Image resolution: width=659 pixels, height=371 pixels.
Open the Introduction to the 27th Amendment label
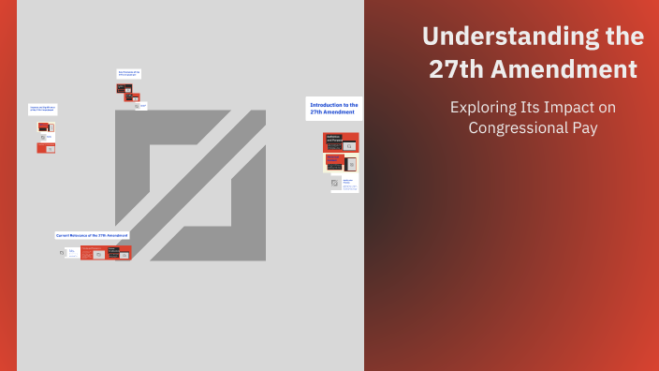click(x=333, y=109)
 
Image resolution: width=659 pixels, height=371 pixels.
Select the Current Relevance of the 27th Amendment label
click(x=92, y=235)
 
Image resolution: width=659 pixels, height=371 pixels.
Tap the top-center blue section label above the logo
click(x=128, y=72)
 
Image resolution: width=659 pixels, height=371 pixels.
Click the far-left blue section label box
click(x=42, y=110)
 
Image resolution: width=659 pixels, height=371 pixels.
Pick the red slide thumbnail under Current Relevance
click(x=106, y=252)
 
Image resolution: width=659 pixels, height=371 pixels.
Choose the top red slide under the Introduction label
click(x=341, y=141)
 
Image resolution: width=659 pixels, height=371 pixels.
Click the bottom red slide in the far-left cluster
click(x=46, y=147)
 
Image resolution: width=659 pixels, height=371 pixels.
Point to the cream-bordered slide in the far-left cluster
click(x=45, y=137)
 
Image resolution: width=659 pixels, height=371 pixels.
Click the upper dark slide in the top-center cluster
click(x=124, y=88)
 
